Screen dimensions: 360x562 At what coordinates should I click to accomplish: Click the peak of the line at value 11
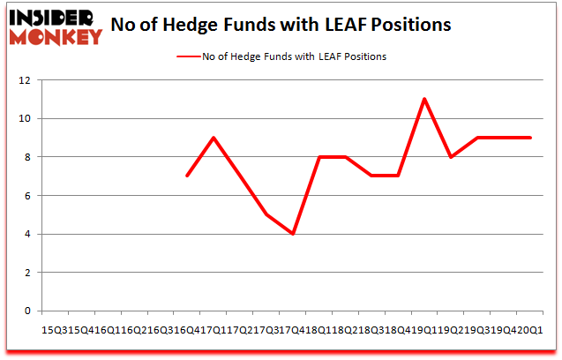[x=424, y=99]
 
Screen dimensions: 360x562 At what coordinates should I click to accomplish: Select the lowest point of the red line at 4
[x=292, y=234]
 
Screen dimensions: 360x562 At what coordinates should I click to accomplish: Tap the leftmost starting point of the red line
[x=187, y=176]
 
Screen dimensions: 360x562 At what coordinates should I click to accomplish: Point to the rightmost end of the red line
[x=530, y=138]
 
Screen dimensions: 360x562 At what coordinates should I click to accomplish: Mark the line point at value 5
[x=266, y=214]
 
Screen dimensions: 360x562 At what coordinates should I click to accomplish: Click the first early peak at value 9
[x=214, y=138]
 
